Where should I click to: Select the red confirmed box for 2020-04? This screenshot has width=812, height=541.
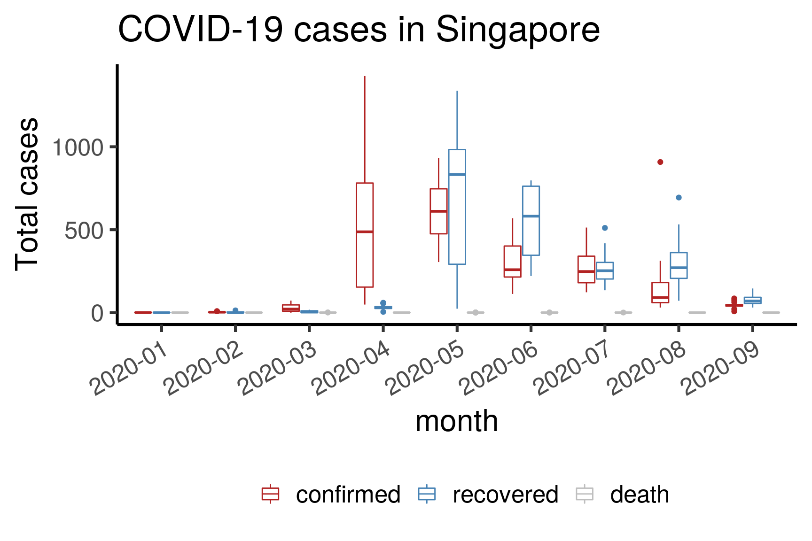[x=365, y=235]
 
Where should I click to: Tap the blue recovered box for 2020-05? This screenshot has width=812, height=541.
[x=457, y=207]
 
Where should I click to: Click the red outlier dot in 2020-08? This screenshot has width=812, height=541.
[x=660, y=162]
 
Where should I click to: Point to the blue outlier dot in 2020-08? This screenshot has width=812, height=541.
[x=679, y=198]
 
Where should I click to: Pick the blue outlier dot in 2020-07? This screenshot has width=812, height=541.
[x=605, y=228]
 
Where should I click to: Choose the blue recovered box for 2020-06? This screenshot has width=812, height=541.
[x=531, y=221]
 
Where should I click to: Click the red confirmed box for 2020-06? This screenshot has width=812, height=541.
[x=512, y=262]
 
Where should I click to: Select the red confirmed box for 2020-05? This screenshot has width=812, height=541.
[x=438, y=211]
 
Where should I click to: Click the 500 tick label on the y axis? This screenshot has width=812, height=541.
[x=84, y=231]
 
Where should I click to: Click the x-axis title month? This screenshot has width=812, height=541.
[x=456, y=421]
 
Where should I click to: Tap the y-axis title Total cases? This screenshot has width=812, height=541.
[x=27, y=194]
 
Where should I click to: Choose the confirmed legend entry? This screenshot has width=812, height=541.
[x=331, y=495]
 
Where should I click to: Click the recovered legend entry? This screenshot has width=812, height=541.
[x=488, y=495]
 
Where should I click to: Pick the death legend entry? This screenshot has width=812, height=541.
[x=623, y=495]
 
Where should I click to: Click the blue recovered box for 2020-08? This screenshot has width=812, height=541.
[x=679, y=265]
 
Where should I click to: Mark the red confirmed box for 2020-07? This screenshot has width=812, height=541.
[x=586, y=269]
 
